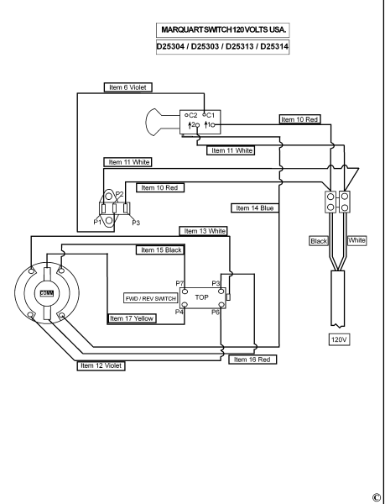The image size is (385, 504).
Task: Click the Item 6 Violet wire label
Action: pos(127,87)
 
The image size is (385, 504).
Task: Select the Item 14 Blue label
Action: pos(255,208)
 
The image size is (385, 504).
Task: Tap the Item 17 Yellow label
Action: pos(132,318)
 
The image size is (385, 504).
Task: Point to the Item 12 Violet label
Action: pos(101,365)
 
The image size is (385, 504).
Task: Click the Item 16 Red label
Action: pos(252,360)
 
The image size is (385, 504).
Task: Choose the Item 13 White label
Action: pos(204,231)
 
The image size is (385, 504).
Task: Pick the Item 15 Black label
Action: pos(160,250)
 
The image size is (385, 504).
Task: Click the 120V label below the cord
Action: pos(339,339)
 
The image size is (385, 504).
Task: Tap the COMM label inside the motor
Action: pos(47,293)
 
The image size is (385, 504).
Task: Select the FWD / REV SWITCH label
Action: pos(151,298)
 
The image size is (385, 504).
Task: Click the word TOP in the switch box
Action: pos(202,297)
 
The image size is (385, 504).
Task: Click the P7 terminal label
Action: pos(179,284)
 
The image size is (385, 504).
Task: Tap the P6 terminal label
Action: pos(216,312)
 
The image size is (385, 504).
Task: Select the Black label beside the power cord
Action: pos(319,241)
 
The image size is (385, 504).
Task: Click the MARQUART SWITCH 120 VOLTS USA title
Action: pos(223,30)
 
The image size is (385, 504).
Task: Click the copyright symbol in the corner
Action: pos(377,497)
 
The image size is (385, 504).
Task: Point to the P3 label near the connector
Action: pos(136,223)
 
